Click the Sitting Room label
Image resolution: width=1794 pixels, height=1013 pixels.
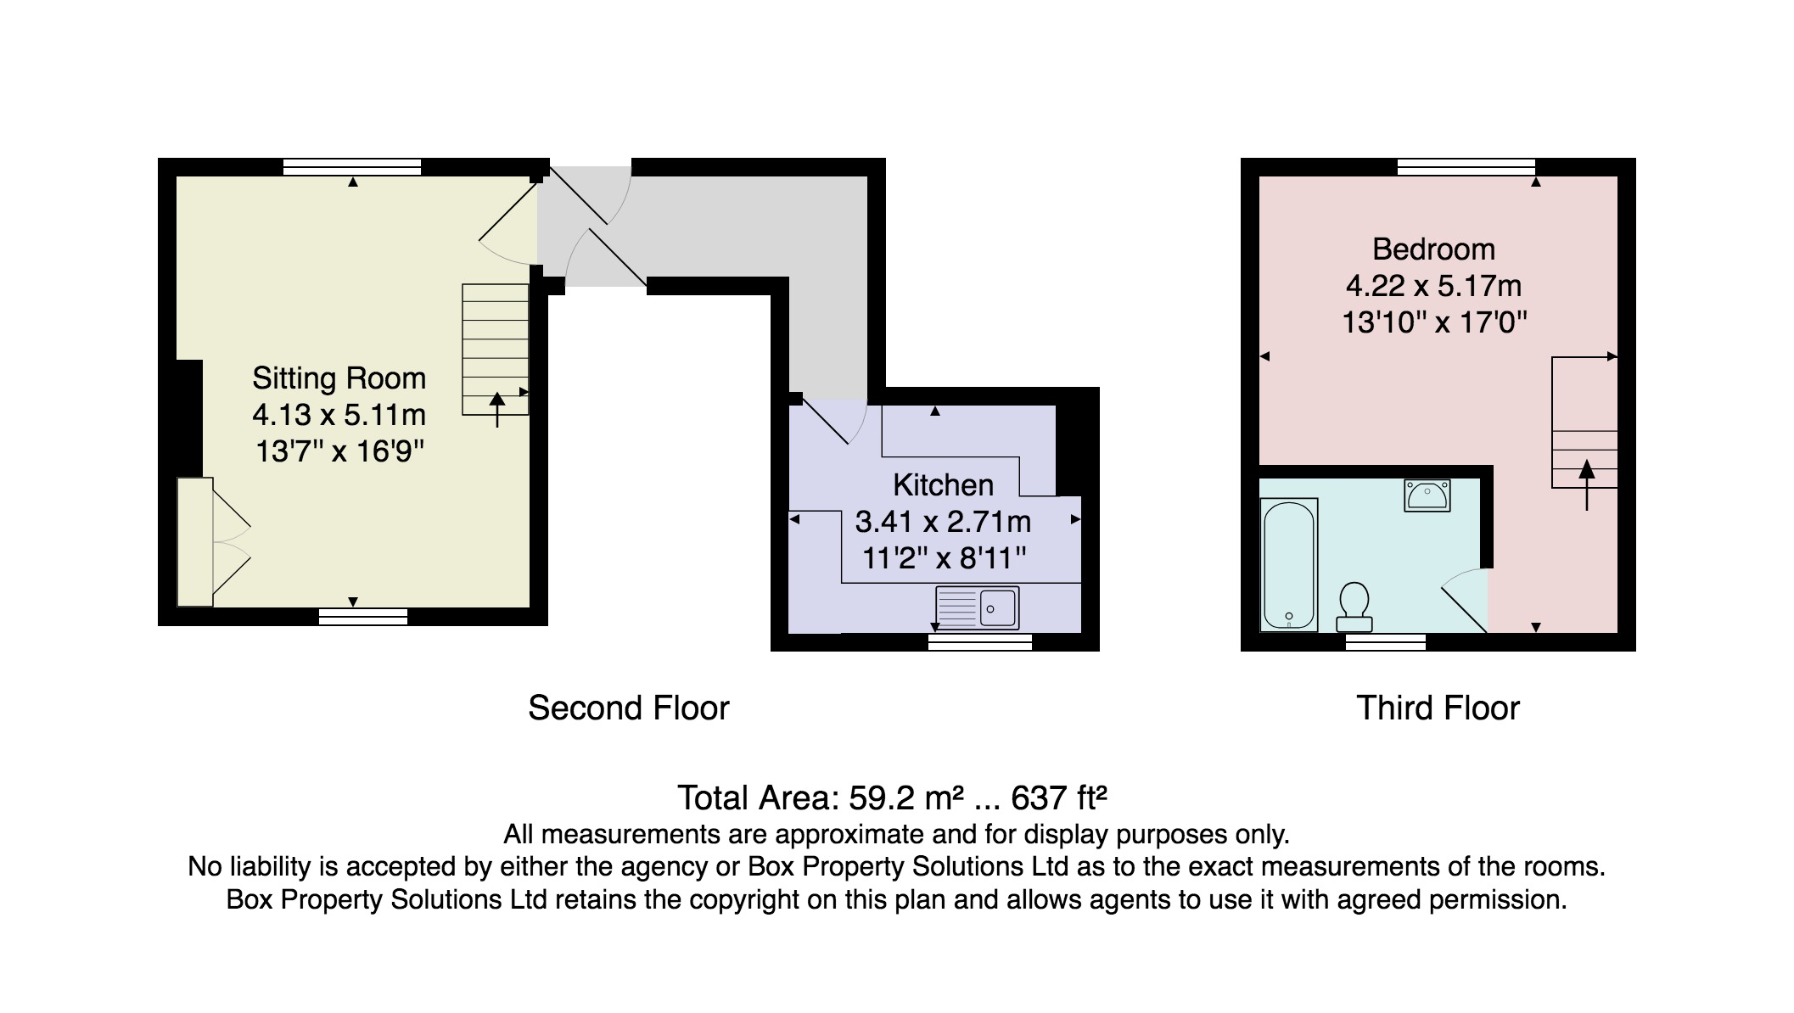tap(339, 378)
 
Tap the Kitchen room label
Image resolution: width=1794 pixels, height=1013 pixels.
tap(943, 484)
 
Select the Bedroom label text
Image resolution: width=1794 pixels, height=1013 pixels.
tap(1433, 249)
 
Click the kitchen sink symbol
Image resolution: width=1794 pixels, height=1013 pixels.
tap(978, 607)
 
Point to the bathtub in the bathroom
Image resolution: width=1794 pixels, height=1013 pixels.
tap(1288, 565)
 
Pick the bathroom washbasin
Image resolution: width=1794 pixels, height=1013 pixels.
tap(1427, 495)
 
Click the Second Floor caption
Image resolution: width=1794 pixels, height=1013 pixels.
tap(629, 708)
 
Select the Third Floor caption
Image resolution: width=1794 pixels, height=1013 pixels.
tap(1438, 708)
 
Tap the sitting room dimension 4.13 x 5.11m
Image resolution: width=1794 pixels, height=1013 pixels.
tap(339, 415)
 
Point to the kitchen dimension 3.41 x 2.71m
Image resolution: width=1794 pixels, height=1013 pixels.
tap(943, 521)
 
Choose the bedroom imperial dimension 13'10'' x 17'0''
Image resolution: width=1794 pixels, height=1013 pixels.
tap(1434, 322)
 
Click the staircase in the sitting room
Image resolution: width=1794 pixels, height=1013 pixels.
tap(496, 350)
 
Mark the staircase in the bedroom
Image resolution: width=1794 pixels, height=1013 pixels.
tap(1584, 423)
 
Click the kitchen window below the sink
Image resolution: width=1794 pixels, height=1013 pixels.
tap(980, 642)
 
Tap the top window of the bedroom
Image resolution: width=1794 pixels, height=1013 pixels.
tap(1466, 166)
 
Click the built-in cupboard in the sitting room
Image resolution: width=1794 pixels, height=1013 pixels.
tap(195, 542)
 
